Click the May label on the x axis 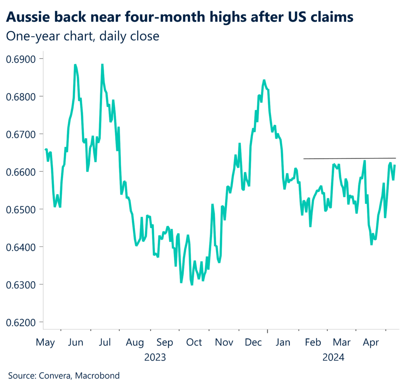click(45, 342)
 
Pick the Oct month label click(194, 342)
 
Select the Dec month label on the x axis click(253, 342)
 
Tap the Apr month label click(371, 342)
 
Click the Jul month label click(105, 342)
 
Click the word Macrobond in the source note click(98, 376)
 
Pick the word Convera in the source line click(54, 376)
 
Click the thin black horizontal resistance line click(349, 158)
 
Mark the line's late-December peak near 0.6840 click(264, 80)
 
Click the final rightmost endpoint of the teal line click(395, 165)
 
